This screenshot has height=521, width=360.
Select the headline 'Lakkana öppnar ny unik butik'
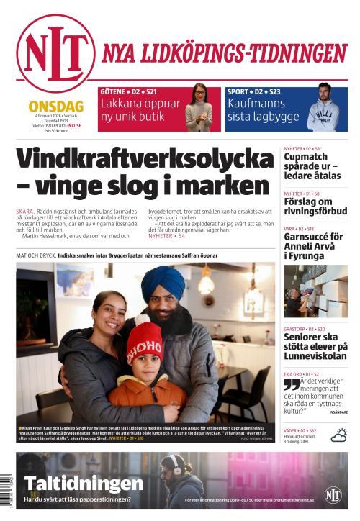click(140, 110)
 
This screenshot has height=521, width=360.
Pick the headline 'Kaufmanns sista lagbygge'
click(259, 110)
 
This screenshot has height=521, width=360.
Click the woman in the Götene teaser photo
click(202, 109)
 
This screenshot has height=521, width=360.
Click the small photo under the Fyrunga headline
click(315, 291)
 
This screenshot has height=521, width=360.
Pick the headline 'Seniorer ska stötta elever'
click(315, 346)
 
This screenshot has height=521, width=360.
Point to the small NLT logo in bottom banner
click(333, 494)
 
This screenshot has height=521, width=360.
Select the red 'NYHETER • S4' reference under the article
click(166, 236)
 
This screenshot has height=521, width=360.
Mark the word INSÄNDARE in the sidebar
click(338, 412)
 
